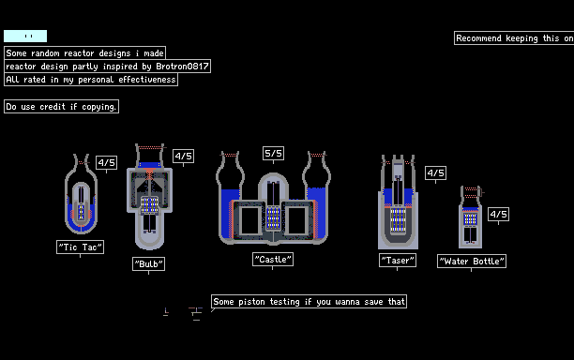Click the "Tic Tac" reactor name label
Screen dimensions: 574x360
(80, 247)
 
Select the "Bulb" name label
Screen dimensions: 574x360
(148, 263)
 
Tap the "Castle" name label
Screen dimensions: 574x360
(273, 260)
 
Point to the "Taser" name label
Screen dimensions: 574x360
(398, 260)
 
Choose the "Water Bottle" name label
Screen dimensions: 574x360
(472, 262)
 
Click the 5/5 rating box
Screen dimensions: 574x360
(273, 154)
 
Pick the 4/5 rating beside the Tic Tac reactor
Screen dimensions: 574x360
(107, 162)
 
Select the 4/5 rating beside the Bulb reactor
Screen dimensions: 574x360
(184, 157)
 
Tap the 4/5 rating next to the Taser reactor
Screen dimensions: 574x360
(435, 173)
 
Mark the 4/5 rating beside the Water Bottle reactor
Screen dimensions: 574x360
(498, 214)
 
